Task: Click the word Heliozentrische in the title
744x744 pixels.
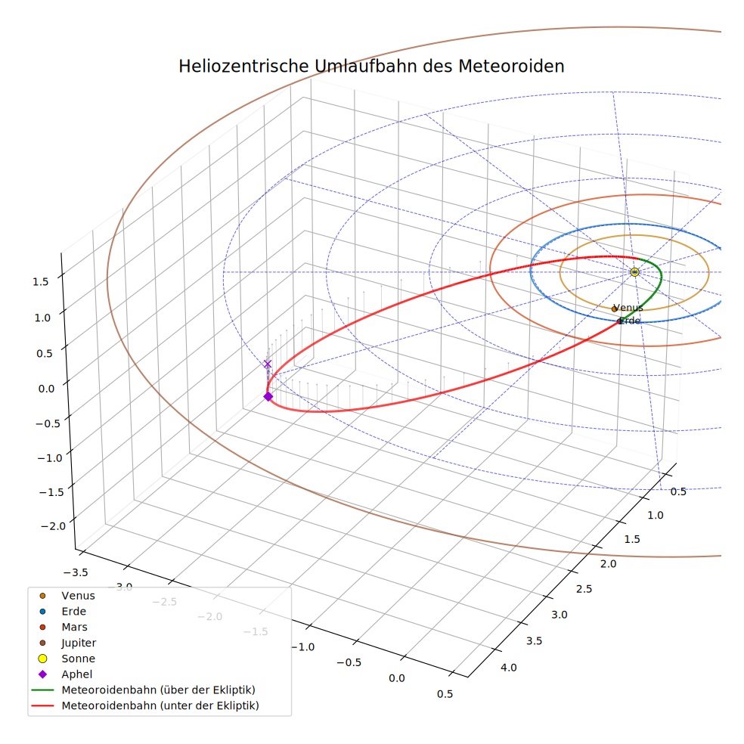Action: (x=244, y=67)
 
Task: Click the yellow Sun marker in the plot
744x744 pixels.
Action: (x=634, y=272)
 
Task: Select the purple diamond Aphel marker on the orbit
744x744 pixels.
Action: (x=268, y=396)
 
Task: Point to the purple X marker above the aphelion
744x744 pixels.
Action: (x=268, y=364)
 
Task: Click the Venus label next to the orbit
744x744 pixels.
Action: (x=628, y=308)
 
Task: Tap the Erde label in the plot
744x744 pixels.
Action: (x=630, y=321)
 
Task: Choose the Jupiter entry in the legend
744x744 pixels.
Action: (x=79, y=643)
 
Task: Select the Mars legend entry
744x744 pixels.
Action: (x=75, y=628)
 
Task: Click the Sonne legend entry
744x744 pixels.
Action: (x=79, y=659)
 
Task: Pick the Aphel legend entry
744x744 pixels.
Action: (x=77, y=674)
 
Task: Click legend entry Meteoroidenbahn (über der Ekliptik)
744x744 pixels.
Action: (x=159, y=690)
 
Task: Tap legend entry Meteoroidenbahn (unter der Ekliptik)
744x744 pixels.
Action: (x=160, y=705)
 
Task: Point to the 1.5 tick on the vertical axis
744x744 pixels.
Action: (x=40, y=282)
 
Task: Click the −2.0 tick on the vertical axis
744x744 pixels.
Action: (x=54, y=526)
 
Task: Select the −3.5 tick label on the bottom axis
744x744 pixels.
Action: (x=76, y=572)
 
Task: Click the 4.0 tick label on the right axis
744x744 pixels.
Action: (x=508, y=668)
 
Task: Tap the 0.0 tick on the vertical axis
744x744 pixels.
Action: (x=46, y=389)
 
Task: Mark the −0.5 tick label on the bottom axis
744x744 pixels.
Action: (x=349, y=662)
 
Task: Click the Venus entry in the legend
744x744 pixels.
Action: (x=79, y=596)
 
